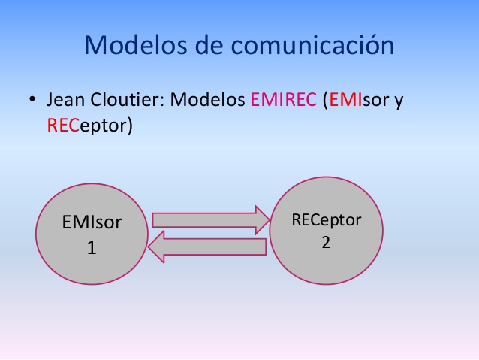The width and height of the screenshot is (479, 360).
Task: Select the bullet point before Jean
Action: (x=33, y=101)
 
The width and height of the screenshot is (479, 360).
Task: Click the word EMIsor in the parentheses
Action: (x=357, y=101)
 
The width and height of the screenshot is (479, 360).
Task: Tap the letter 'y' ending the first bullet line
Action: (x=399, y=103)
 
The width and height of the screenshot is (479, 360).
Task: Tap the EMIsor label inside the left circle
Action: (x=92, y=223)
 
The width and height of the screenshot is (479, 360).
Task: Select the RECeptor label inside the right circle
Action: (x=327, y=220)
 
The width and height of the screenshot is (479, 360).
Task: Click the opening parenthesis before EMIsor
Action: (x=324, y=101)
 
